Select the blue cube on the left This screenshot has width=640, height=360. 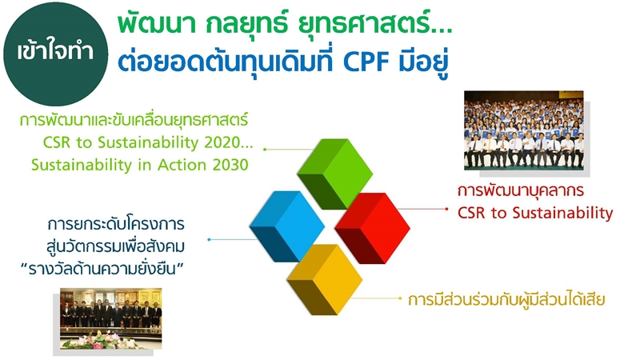click(x=286, y=225)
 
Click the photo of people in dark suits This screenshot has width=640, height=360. click(x=111, y=318)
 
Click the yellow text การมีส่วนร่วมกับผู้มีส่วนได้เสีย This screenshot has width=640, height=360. click(x=506, y=300)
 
